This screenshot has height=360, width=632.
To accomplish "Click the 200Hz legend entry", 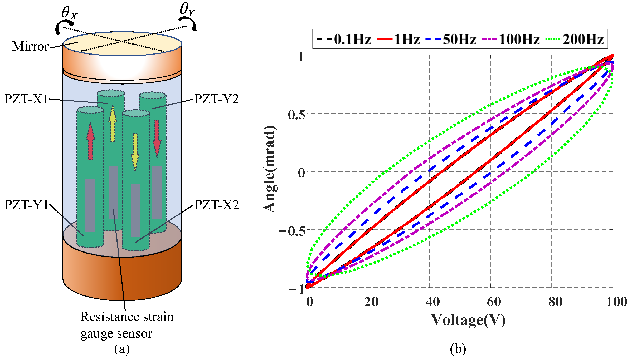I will [583, 40].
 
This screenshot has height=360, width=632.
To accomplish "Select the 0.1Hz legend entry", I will [352, 40].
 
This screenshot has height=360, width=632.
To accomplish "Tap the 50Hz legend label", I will [459, 40].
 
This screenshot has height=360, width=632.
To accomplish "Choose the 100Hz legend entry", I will [519, 40].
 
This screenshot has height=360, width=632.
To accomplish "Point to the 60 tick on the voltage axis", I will [494, 302].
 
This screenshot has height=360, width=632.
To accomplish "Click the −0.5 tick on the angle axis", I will [292, 231].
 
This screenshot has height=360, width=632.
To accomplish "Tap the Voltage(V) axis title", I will [468, 320].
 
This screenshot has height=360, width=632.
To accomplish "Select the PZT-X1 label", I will [27, 99].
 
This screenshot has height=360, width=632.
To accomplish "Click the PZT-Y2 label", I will [216, 99].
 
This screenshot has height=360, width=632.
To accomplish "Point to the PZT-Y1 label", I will [27, 205].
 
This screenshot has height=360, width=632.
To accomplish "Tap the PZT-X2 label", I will [217, 205].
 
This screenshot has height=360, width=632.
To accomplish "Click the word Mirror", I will [31, 46].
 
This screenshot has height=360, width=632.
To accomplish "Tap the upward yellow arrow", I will [113, 124].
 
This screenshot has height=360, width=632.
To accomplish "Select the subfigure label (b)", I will [458, 349].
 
